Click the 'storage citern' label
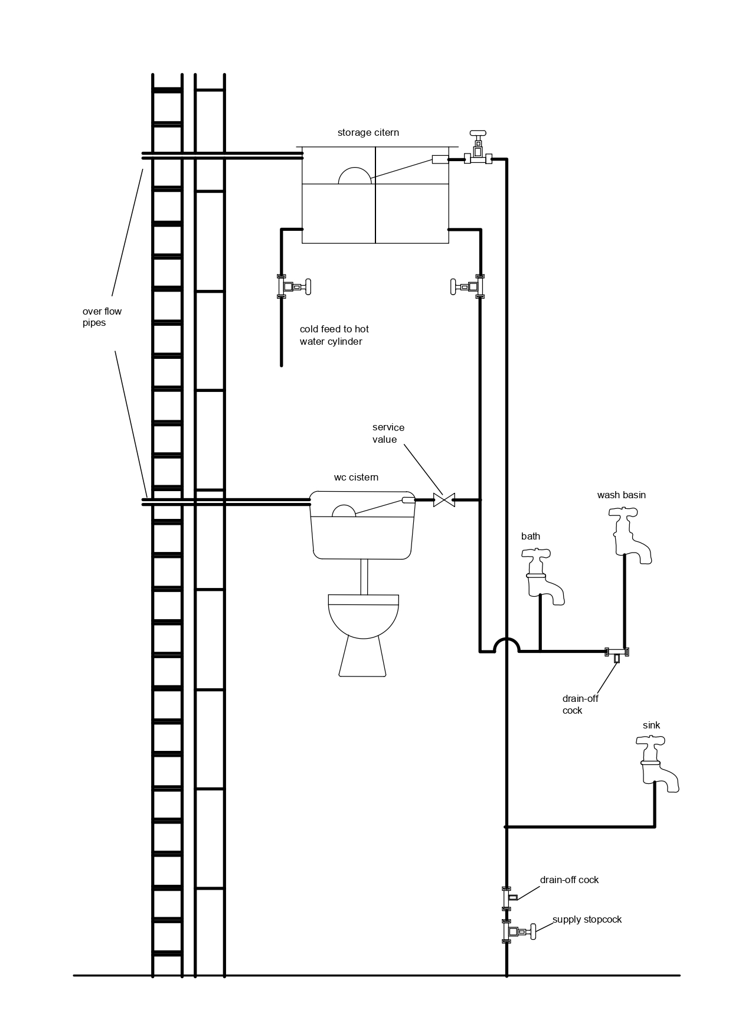click(x=368, y=133)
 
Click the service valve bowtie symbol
click(x=444, y=500)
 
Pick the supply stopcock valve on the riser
click(x=517, y=932)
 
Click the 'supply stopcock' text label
click(x=587, y=920)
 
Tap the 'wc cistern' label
click(x=356, y=478)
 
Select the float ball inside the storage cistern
click(x=355, y=177)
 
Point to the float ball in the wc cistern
click(x=344, y=511)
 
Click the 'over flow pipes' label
click(x=102, y=317)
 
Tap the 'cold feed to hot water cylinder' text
click(x=334, y=335)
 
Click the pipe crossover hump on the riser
click(x=506, y=643)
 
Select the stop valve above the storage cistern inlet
click(x=478, y=151)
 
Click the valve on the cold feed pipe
click(x=292, y=287)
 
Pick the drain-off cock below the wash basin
click(x=617, y=654)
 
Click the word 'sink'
click(x=652, y=725)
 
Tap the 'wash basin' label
click(x=621, y=495)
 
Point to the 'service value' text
click(x=388, y=433)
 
